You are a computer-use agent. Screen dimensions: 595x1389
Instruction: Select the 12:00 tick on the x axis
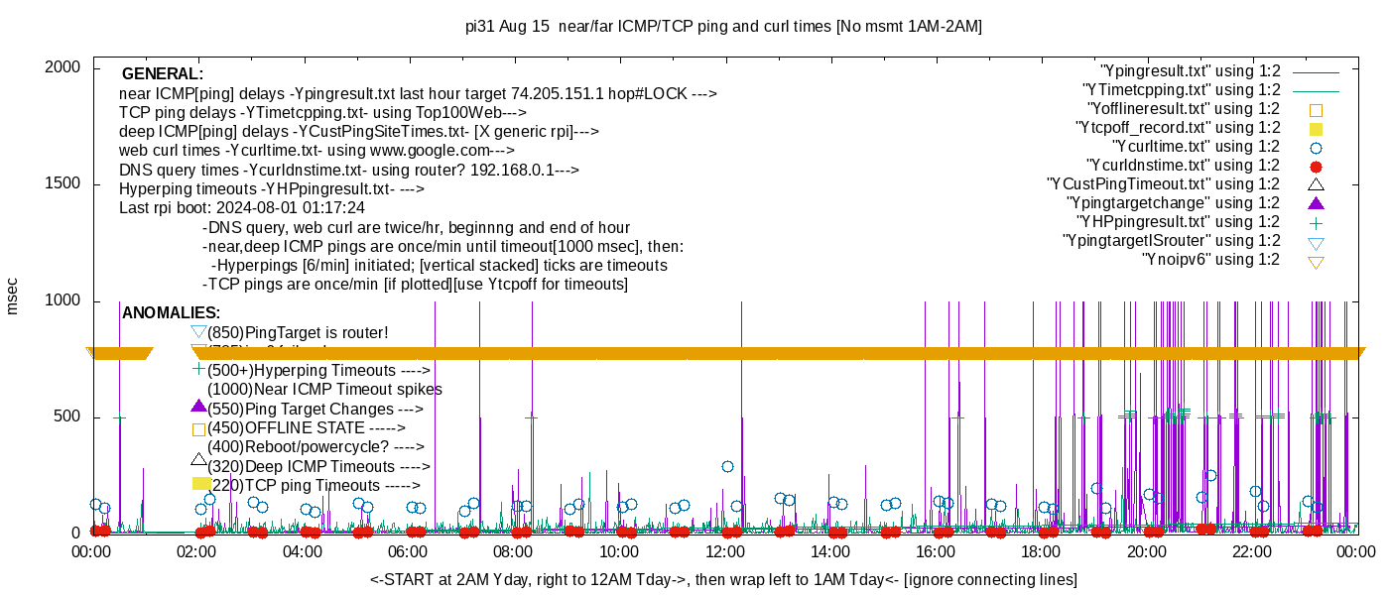724,551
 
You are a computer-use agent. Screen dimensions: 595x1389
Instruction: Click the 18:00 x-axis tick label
1040,551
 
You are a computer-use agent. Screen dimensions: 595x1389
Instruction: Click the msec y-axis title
13,296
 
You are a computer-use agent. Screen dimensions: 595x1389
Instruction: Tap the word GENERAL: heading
163,74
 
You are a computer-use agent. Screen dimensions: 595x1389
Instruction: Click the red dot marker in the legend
1317,166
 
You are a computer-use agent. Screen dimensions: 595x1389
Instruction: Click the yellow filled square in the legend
1317,128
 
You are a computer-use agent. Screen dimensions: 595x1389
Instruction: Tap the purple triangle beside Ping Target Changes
198,407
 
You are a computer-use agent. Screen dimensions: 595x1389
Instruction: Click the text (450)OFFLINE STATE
307,428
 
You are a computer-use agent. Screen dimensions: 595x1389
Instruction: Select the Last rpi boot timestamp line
242,208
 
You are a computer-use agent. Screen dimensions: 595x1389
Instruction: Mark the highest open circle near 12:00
727,466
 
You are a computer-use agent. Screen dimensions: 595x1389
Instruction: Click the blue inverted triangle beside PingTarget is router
198,332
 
